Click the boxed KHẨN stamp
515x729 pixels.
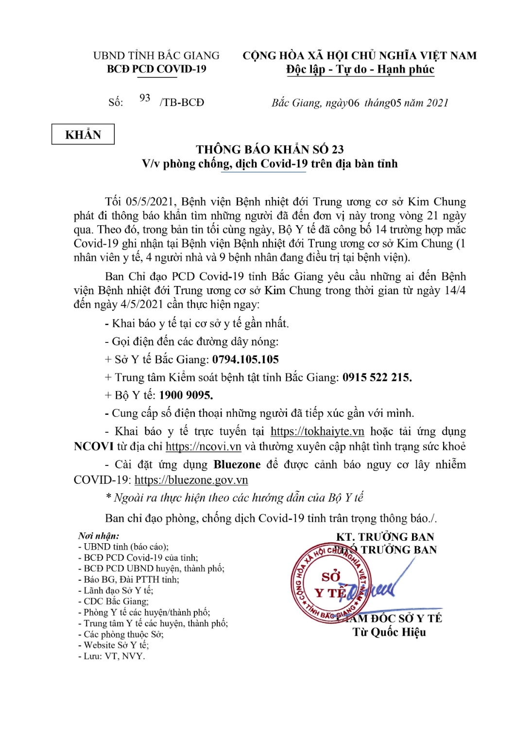coord(83,135)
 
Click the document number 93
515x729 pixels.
coord(145,98)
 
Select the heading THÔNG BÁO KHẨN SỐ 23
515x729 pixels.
coord(270,149)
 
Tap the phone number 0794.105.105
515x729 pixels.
coord(245,360)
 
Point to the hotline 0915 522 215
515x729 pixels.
coord(377,378)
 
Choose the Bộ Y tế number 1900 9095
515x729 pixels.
coord(186,395)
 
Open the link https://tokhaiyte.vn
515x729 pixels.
coord(317,432)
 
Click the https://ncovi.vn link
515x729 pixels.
coord(204,446)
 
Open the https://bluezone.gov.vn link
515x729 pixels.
coord(191,480)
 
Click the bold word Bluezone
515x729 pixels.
coord(237,465)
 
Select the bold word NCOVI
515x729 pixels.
coord(94,446)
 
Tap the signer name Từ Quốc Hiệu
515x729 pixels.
coord(389,632)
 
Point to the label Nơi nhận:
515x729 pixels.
coord(99,536)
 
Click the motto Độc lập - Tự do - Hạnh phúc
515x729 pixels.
coord(360,70)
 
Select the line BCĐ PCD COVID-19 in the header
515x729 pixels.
coord(156,69)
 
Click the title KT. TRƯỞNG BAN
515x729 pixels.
coord(385,537)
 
